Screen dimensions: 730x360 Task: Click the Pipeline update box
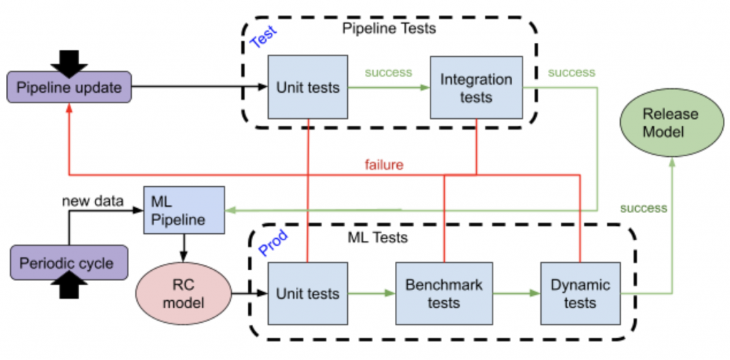69,87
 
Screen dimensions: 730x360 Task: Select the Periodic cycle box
69,262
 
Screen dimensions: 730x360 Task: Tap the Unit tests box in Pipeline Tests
308,87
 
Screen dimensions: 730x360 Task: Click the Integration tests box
475,88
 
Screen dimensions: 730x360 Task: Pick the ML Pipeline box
184,210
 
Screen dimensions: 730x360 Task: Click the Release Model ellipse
672,123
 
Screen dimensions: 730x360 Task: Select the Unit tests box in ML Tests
308,294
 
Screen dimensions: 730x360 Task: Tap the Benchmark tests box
443,294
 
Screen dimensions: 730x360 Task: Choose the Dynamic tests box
580,294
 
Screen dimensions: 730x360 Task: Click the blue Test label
264,36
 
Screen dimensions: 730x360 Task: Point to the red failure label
384,165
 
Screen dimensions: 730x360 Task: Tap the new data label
93,201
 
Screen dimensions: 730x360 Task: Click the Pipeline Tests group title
389,29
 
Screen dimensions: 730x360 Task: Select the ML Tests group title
378,237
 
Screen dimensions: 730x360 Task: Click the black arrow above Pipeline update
69,63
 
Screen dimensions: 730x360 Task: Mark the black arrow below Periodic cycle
69,284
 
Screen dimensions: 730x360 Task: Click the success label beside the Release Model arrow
644,208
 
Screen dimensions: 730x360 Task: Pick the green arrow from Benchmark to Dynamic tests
516,294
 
